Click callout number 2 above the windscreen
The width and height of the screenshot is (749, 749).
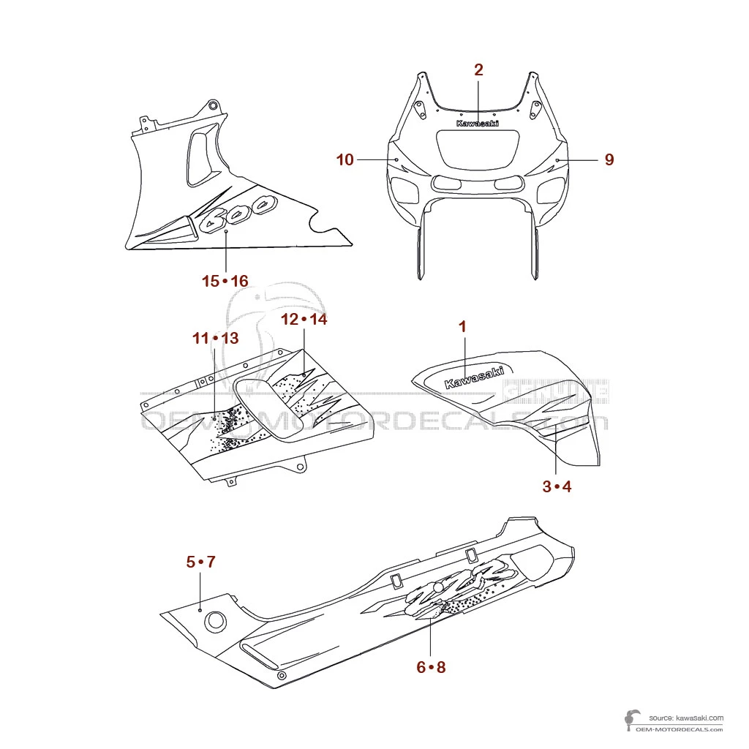478,70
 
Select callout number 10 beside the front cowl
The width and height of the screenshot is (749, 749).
345,159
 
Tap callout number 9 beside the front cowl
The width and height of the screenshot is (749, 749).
609,159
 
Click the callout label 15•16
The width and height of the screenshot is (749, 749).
225,281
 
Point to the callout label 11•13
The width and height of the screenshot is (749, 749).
216,338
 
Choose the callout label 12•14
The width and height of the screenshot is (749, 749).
304,320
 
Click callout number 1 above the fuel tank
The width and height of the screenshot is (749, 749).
462,326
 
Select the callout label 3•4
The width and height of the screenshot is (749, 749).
557,487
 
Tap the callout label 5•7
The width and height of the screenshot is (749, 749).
200,562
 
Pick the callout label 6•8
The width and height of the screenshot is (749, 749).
431,667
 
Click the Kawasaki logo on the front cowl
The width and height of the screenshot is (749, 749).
478,124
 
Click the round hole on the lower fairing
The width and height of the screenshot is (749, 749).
215,622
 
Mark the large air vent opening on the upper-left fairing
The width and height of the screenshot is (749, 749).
200,154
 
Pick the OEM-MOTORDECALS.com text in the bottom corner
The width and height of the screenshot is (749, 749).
680,729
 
